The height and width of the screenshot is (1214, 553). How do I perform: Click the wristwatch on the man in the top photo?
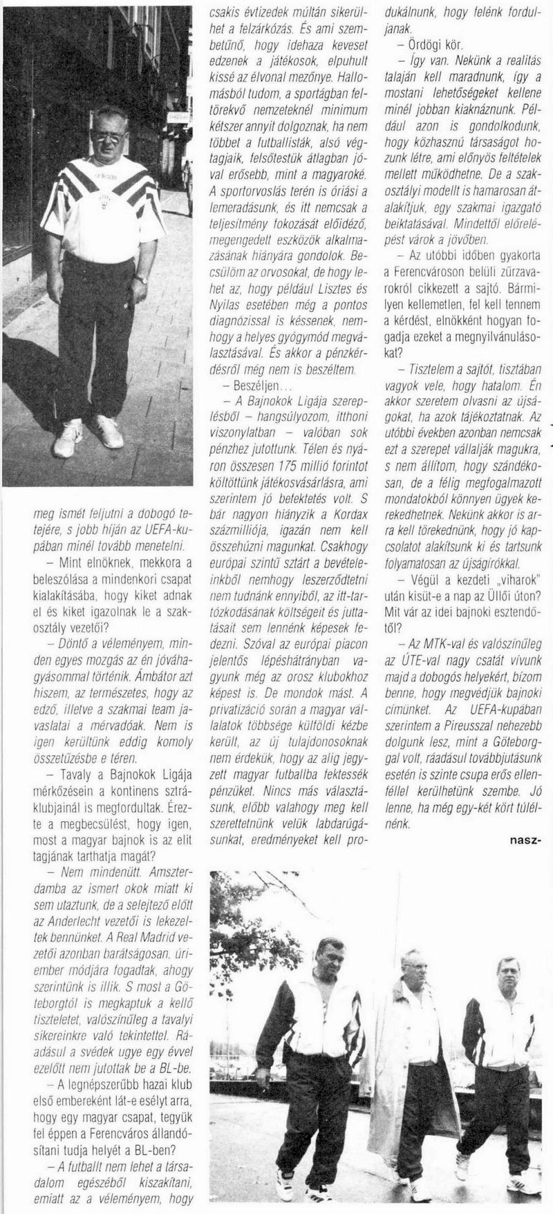pos(142,279)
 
